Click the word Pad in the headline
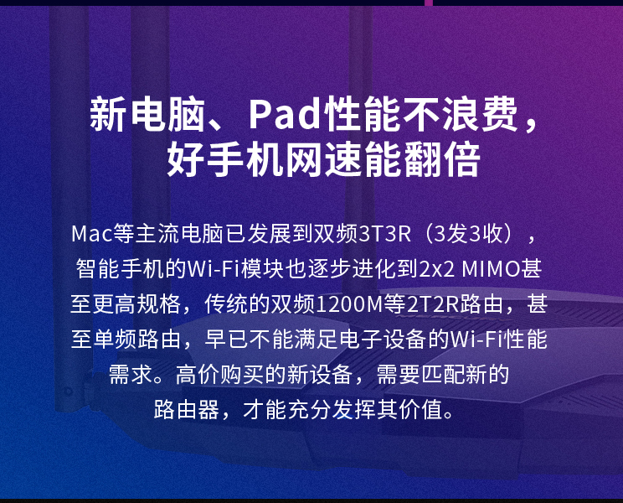[x=285, y=114]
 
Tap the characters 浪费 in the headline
[x=480, y=114]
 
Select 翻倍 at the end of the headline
[x=442, y=159]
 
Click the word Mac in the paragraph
[x=92, y=233]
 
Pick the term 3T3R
[x=384, y=233]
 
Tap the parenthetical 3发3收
[x=468, y=233]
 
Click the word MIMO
[x=491, y=269]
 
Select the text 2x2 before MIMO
[x=436, y=269]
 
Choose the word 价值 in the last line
[x=420, y=410]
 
